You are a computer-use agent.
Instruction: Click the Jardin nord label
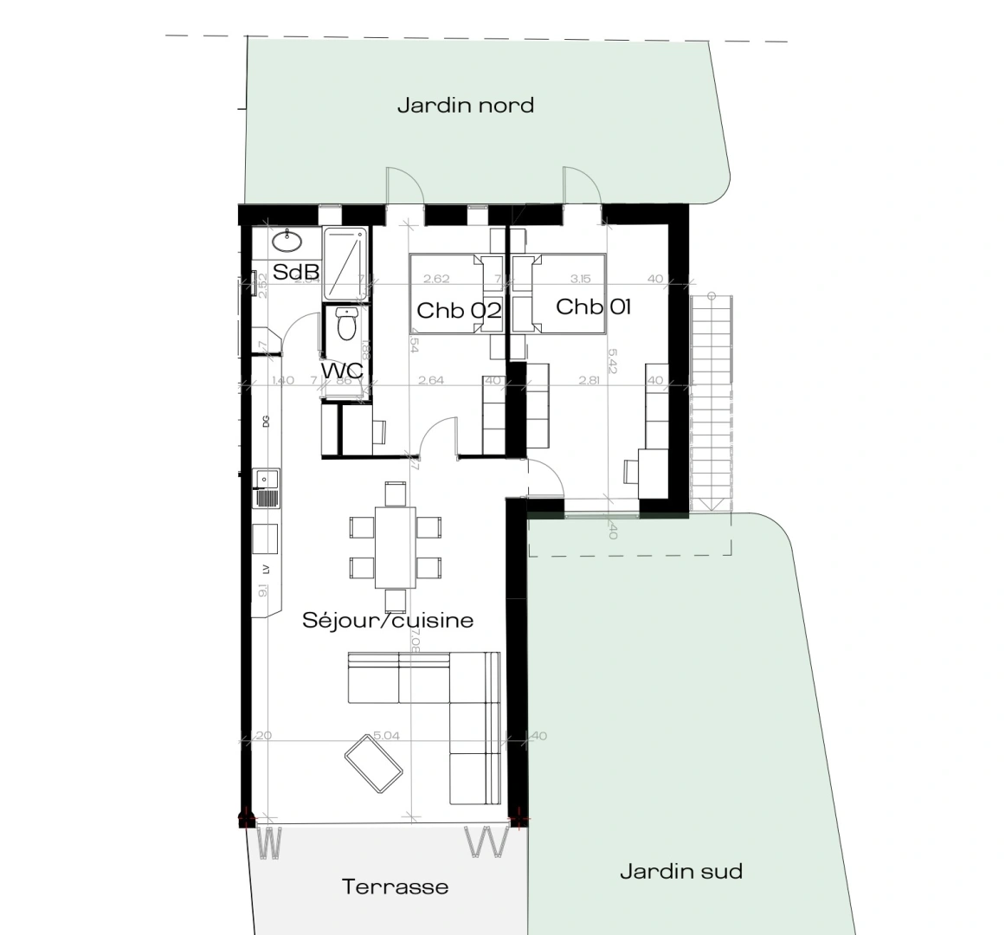click(x=465, y=106)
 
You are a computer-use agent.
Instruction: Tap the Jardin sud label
click(x=681, y=871)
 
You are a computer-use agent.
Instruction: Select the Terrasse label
click(x=395, y=887)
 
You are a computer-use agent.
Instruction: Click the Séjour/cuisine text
click(x=388, y=620)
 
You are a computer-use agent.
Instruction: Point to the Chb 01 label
click(x=593, y=306)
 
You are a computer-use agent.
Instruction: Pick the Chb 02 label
click(x=458, y=310)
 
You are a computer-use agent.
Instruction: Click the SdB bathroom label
click(x=296, y=272)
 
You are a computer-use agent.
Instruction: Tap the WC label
click(x=341, y=371)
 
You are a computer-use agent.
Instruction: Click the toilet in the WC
click(x=346, y=325)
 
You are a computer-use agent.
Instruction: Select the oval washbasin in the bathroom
click(x=286, y=240)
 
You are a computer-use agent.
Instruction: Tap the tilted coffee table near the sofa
click(x=374, y=762)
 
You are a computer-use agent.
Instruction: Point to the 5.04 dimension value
click(x=386, y=736)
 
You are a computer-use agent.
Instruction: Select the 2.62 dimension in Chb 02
click(x=435, y=279)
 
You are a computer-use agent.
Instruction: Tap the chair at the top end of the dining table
click(x=395, y=493)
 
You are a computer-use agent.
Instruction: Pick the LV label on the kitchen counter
click(x=266, y=569)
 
